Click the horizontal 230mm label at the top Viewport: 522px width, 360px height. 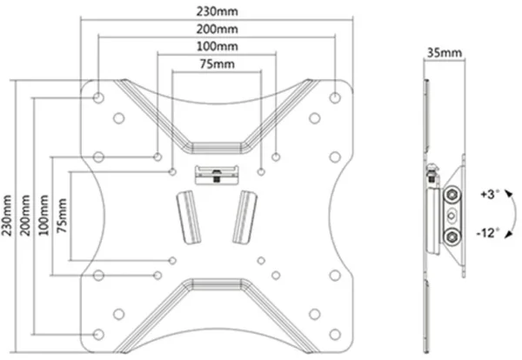click(x=217, y=11)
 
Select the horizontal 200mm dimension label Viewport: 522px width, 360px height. click(x=217, y=30)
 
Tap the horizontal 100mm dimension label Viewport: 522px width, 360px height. click(x=217, y=46)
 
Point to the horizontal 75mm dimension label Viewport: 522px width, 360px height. click(x=217, y=63)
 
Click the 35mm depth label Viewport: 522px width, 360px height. click(x=445, y=52)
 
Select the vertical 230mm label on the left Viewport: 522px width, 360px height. click(x=7, y=216)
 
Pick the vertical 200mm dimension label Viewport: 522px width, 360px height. click(x=25, y=216)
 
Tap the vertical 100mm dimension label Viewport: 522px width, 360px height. click(x=43, y=216)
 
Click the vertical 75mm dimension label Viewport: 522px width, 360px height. click(x=62, y=216)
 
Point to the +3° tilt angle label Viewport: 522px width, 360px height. click(x=490, y=194)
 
